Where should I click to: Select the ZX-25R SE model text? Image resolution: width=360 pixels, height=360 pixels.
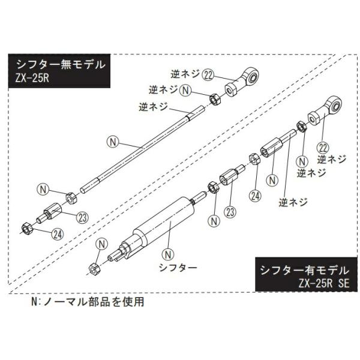point(320,283)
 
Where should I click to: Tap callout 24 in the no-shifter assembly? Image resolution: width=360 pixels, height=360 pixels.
point(58,234)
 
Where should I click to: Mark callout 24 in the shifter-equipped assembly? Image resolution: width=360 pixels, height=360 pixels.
point(255,195)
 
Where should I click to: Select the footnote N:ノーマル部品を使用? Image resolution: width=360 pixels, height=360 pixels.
point(88,302)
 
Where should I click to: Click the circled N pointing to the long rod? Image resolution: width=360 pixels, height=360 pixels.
point(110,142)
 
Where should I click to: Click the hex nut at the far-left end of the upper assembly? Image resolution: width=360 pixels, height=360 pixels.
point(26,227)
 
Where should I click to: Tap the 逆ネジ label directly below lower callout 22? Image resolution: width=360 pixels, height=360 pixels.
point(332,160)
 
